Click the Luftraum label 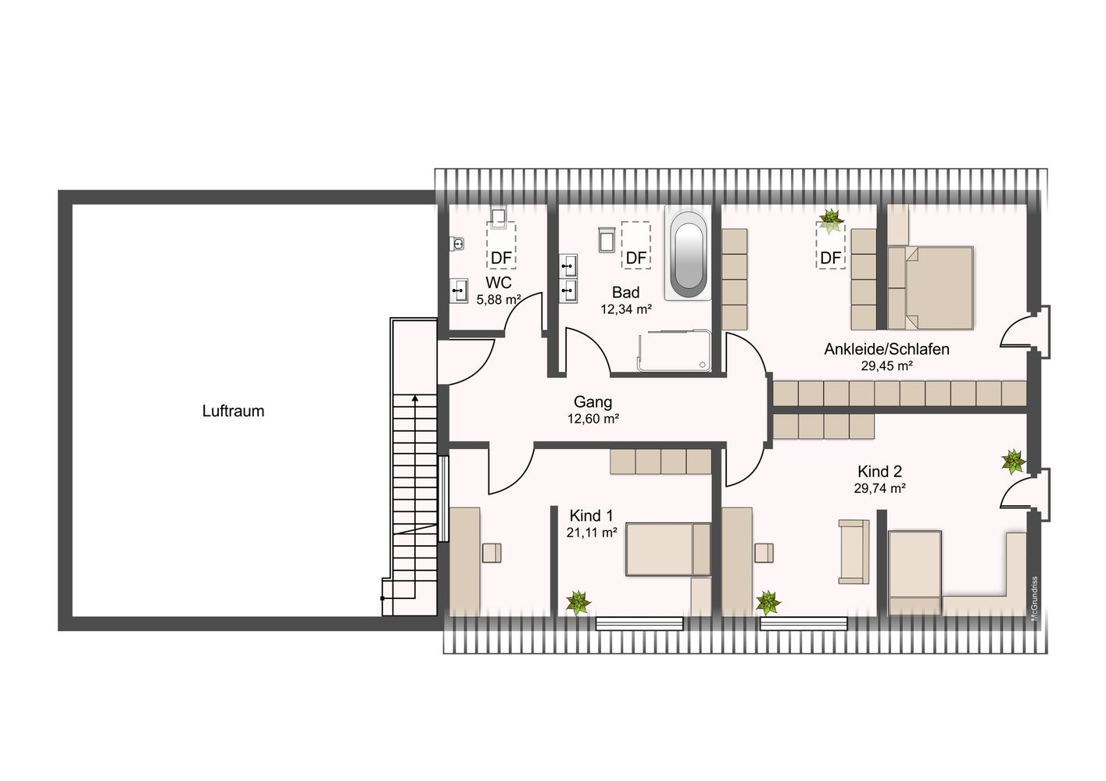tap(233, 411)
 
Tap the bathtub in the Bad tap(689, 252)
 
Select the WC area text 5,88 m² tap(499, 299)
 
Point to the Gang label tap(593, 402)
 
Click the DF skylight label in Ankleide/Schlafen tap(831, 258)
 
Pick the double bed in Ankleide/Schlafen tap(931, 287)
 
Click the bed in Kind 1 tap(668, 549)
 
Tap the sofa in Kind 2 tap(854, 551)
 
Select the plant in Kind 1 tap(578, 603)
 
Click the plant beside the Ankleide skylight tap(832, 221)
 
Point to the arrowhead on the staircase tap(415, 398)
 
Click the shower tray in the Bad tap(675, 351)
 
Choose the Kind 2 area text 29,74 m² tap(880, 488)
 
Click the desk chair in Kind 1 tap(492, 553)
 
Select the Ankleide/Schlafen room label tap(887, 349)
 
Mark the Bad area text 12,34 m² tap(626, 309)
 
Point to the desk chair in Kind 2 tap(764, 553)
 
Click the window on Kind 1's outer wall tap(639, 623)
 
